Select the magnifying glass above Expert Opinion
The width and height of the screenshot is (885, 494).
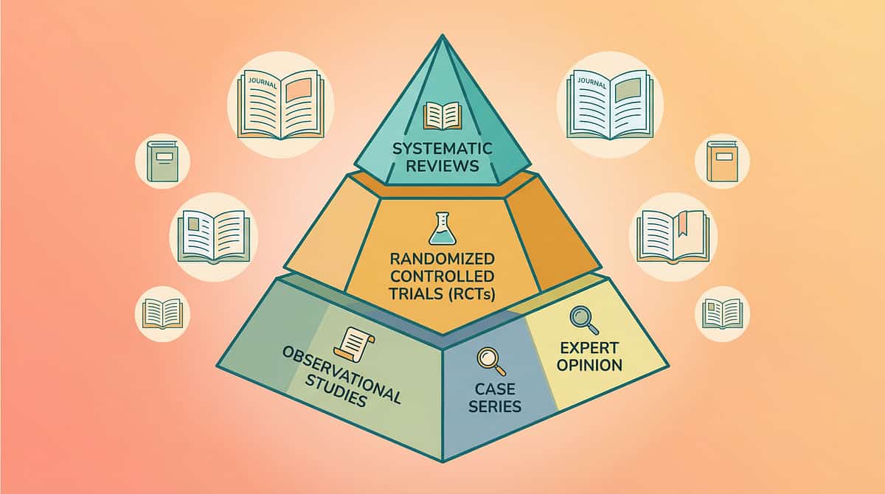point(583,319)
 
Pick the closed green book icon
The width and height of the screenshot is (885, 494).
point(162,161)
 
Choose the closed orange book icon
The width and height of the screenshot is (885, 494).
point(722,161)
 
